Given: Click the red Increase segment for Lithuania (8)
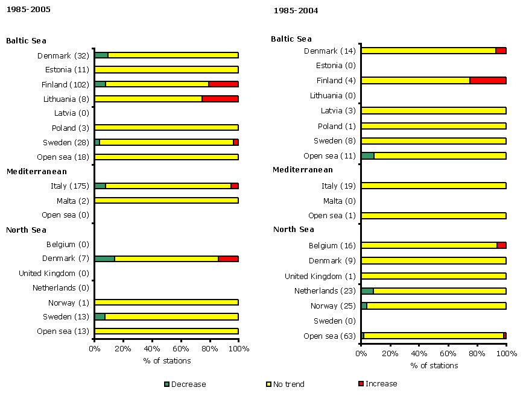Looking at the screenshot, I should coord(220,99).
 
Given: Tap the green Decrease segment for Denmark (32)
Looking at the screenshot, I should coord(101,55).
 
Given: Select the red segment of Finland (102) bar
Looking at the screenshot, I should coord(223,84).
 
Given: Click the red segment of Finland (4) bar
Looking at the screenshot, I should coord(487,80).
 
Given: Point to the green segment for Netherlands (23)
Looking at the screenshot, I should coord(367,290).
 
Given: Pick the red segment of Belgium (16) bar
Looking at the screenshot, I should coord(501,245).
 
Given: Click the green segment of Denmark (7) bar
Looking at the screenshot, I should coord(105,259).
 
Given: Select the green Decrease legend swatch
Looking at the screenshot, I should coord(167,384).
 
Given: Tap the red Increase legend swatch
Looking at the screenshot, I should coord(361,383).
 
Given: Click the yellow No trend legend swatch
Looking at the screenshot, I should coord(269,384).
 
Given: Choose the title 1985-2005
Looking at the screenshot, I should coord(28,10).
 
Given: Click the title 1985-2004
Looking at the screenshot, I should coord(296,11).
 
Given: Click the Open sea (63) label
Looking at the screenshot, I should coord(330,336).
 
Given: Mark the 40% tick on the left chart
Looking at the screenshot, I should coord(152,348).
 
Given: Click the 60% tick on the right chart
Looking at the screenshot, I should coord(448,353).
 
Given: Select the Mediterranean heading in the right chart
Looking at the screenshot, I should coord(302,170).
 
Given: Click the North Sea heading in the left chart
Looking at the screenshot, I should coord(26,230).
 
